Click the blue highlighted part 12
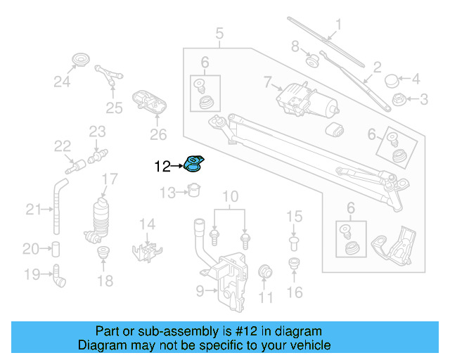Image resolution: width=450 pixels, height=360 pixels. pyautogui.click(x=193, y=164)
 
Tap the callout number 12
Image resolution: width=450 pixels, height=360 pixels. pyautogui.click(x=162, y=167)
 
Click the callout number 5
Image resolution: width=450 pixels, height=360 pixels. pyautogui.click(x=219, y=32)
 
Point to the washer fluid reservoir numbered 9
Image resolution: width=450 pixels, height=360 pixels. pyautogui.click(x=225, y=278)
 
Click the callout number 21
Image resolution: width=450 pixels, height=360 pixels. pyautogui.click(x=34, y=209)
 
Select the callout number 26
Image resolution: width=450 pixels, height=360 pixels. pyautogui.click(x=158, y=134)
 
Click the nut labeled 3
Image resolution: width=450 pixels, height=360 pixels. pyautogui.click(x=399, y=99)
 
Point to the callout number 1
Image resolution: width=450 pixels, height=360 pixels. pyautogui.click(x=337, y=27)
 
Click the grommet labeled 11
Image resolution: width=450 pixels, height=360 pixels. pyautogui.click(x=265, y=272)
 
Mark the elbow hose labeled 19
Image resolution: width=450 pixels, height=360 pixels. pyautogui.click(x=58, y=275)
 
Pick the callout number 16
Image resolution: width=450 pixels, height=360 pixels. pyautogui.click(x=294, y=291)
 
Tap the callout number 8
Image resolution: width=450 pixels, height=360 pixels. pyautogui.click(x=295, y=47)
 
